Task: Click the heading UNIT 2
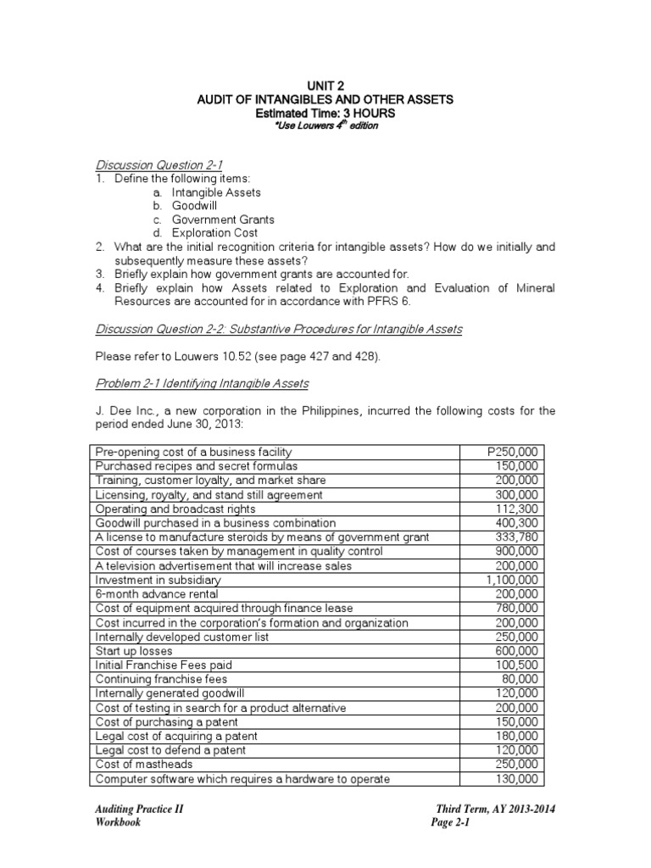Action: pos(325,85)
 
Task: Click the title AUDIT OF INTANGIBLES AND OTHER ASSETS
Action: pos(325,99)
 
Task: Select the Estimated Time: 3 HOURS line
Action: pos(325,113)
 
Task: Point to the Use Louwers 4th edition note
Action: pos(325,125)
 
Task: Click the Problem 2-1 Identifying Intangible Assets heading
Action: pos(202,383)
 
